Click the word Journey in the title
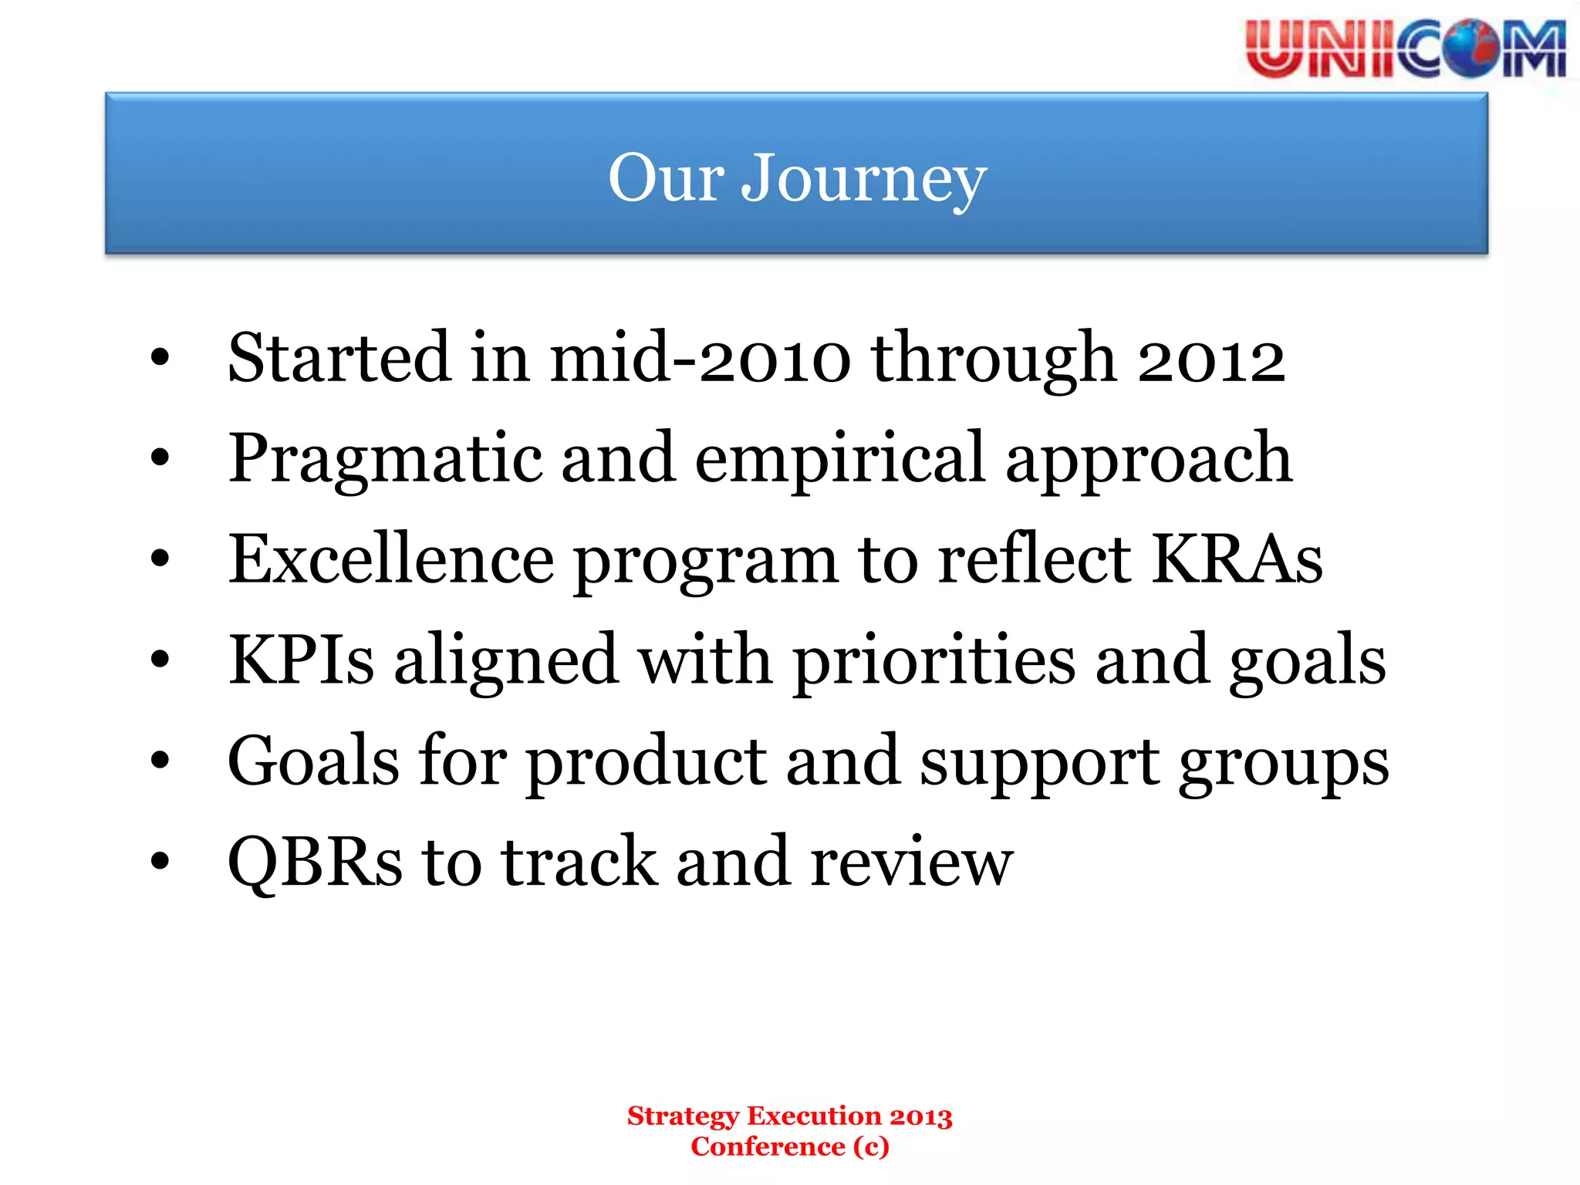click(863, 179)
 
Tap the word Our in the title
click(666, 179)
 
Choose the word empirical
click(840, 461)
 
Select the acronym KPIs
click(302, 660)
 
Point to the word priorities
click(934, 662)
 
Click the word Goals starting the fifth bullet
click(313, 761)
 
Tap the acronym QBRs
click(315, 863)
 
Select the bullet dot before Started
click(160, 358)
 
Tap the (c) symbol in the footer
click(872, 1147)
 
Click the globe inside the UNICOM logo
click(1470, 49)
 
